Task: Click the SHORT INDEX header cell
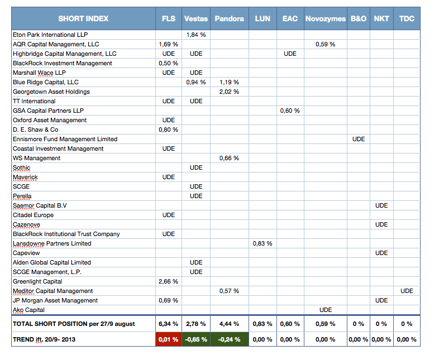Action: click(x=83, y=18)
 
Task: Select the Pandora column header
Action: click(x=230, y=18)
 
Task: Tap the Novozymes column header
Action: click(x=326, y=18)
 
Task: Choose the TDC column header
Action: click(x=407, y=18)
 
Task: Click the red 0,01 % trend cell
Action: click(x=169, y=339)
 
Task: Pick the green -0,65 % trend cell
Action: click(x=196, y=339)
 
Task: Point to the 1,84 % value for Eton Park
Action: click(x=196, y=35)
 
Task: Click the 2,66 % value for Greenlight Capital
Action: click(x=169, y=281)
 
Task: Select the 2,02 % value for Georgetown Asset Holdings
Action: click(x=229, y=92)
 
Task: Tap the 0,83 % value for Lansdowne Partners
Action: click(x=262, y=243)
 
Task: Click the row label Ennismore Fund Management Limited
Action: click(x=65, y=139)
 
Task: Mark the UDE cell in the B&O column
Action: click(x=359, y=139)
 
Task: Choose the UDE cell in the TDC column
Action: click(x=407, y=291)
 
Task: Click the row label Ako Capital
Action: click(x=28, y=310)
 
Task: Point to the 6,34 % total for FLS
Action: click(x=169, y=324)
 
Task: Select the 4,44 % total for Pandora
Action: click(x=229, y=324)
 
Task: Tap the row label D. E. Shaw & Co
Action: click(x=36, y=129)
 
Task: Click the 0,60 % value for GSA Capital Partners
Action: click(x=290, y=111)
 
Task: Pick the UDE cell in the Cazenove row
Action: click(x=381, y=224)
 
